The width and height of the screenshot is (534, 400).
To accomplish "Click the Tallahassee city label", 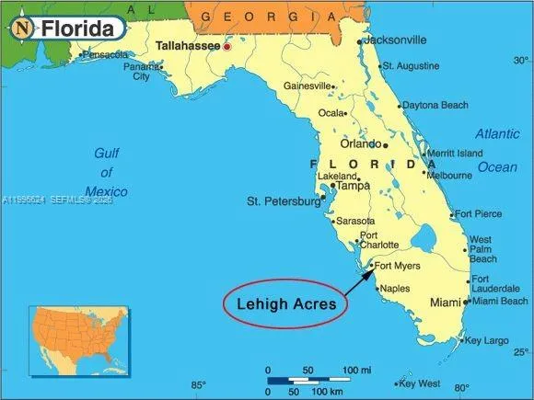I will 187,44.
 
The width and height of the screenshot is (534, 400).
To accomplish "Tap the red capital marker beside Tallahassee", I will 226,46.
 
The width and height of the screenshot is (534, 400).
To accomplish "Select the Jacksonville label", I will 395,40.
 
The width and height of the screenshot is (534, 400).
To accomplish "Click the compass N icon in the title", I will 22,29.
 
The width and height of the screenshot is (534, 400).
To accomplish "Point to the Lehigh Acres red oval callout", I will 285,303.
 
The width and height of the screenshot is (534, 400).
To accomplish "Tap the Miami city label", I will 446,303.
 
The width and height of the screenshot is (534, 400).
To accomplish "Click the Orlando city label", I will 360,143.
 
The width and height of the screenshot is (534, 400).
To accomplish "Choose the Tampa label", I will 352,185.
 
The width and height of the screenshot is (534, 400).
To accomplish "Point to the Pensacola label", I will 104,54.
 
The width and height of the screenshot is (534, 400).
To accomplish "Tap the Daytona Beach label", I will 435,105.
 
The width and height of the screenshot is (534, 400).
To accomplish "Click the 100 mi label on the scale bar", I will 357,370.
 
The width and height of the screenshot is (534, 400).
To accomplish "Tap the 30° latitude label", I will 520,61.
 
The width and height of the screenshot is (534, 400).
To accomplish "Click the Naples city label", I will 394,289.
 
